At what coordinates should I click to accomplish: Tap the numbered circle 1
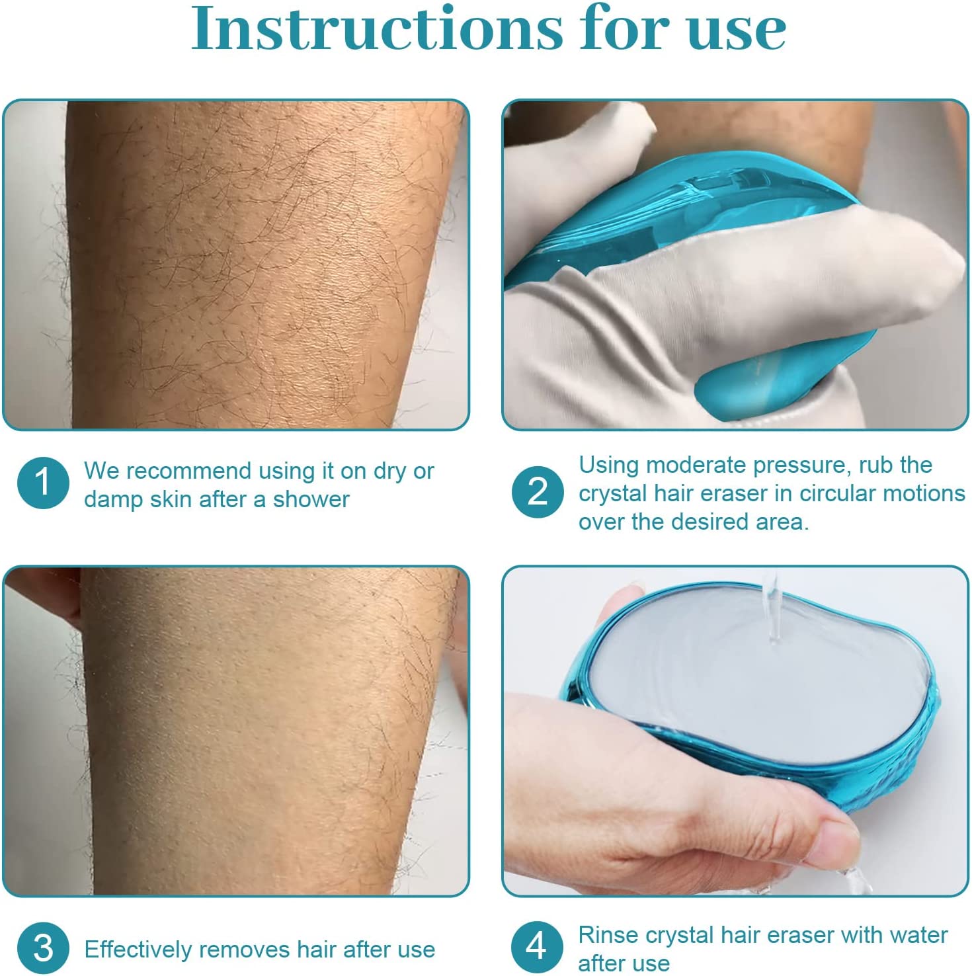click(43, 483)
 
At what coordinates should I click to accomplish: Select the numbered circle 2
click(538, 492)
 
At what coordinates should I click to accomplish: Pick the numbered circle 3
click(43, 948)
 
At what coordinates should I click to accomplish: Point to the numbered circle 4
click(536, 946)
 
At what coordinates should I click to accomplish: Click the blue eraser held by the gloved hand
click(688, 198)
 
